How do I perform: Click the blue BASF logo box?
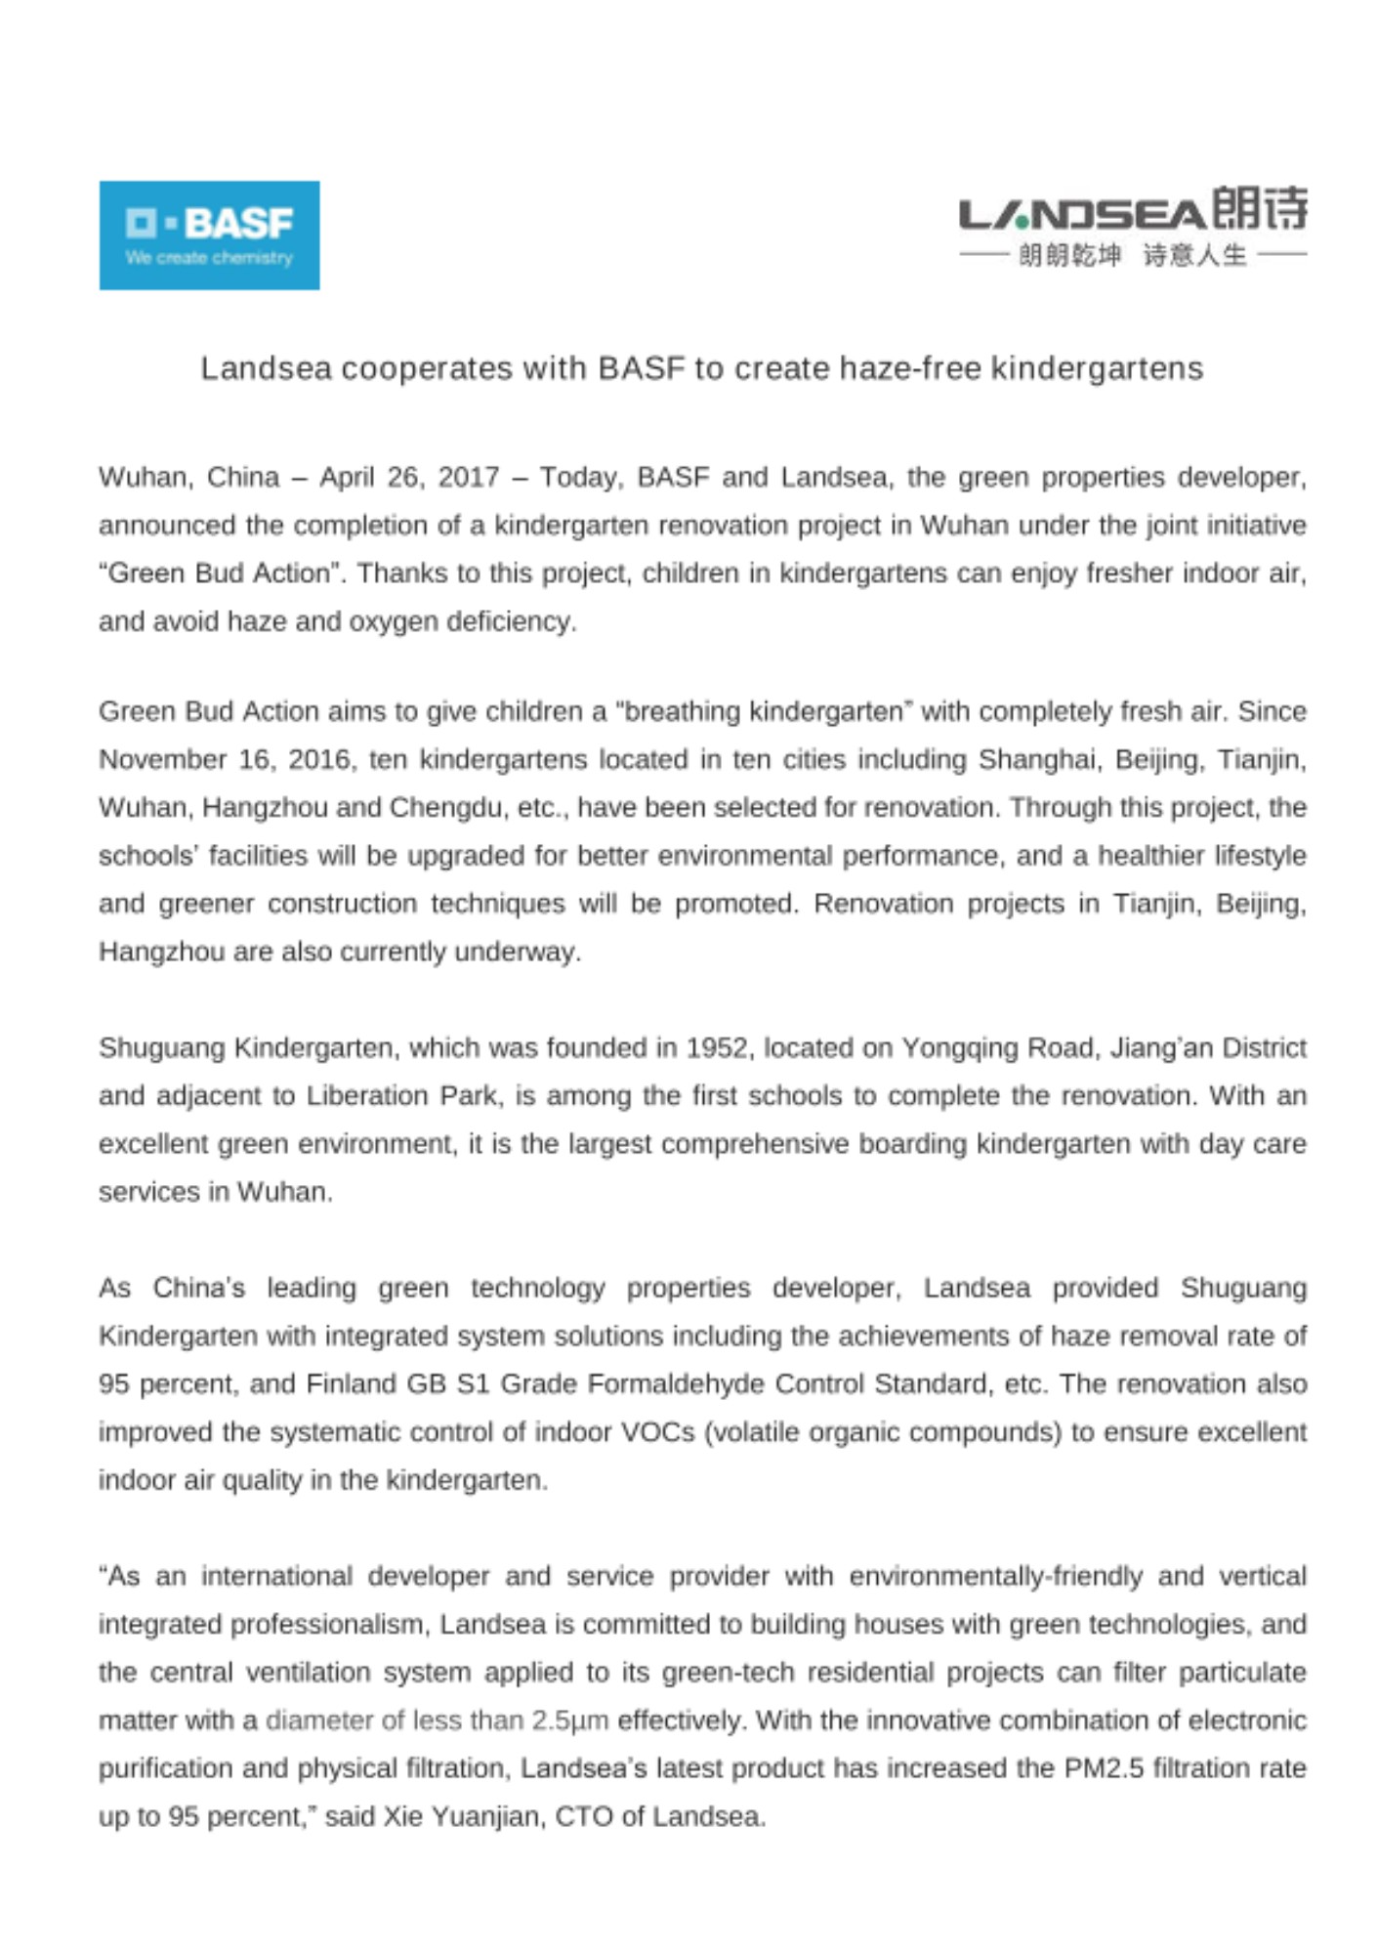coord(209,234)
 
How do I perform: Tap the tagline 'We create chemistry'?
coord(209,258)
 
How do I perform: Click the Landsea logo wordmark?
coord(1080,214)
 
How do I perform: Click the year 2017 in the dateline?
coord(468,477)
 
